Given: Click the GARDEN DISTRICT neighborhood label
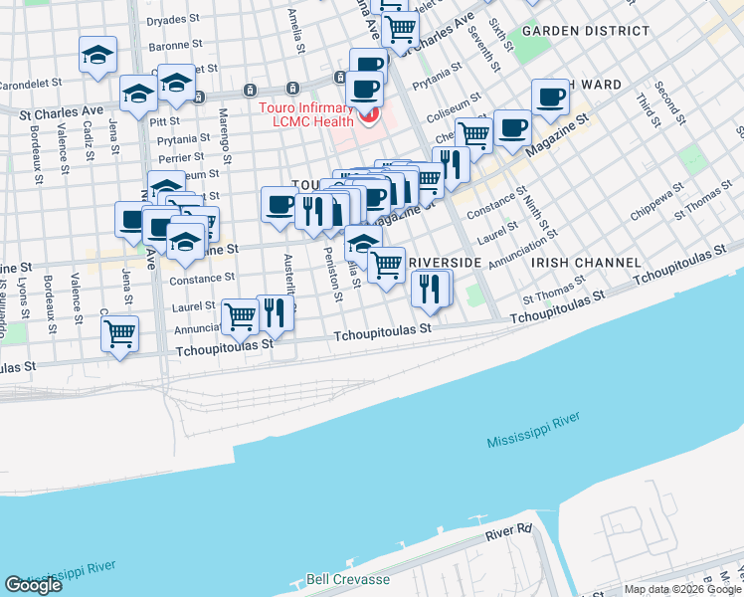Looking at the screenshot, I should (x=571, y=31).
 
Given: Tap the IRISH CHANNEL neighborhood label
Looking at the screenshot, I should (x=585, y=262).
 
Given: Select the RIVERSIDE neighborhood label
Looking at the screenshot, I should (x=445, y=262).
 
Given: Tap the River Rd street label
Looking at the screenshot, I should (x=510, y=534).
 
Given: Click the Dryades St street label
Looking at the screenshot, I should (x=173, y=20).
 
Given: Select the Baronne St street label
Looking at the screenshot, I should (x=175, y=45).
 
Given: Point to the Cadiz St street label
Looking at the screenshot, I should (x=89, y=139).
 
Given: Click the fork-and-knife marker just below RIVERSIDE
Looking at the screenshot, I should (x=430, y=288).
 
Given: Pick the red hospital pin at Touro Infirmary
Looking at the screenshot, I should (x=369, y=116).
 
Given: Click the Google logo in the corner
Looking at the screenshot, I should (x=33, y=585).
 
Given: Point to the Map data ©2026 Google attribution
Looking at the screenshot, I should (x=682, y=589).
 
